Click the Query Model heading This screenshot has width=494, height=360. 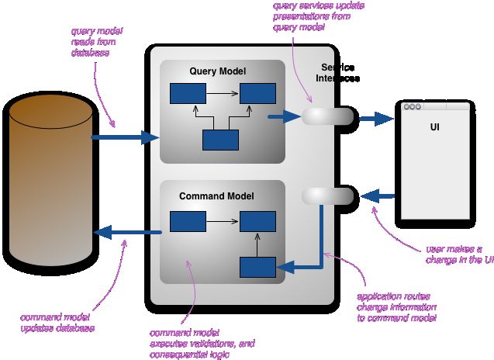[217, 71]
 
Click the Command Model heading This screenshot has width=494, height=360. [216, 196]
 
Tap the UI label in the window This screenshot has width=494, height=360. [435, 127]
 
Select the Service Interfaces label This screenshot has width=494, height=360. [337, 73]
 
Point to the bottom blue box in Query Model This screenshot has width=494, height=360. [220, 140]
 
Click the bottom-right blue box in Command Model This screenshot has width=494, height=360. [257, 268]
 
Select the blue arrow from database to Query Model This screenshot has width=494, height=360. [126, 137]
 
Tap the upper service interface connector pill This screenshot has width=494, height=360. [327, 116]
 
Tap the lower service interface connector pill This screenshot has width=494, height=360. [327, 196]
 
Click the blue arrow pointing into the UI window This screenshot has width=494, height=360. [376, 119]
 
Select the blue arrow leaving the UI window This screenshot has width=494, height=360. [378, 196]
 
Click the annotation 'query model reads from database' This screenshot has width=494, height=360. [96, 42]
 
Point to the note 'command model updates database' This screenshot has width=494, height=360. [57, 323]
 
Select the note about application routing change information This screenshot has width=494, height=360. [396, 307]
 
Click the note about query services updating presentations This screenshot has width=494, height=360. [319, 16]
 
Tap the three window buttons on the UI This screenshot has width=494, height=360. [413, 106]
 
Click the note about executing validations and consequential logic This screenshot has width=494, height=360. [202, 344]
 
